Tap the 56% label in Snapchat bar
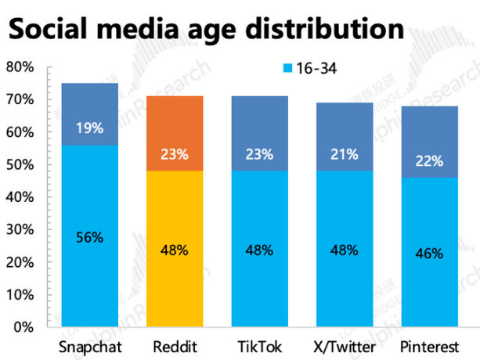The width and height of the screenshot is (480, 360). (x=90, y=238)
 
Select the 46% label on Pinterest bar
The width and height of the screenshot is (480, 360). (x=429, y=254)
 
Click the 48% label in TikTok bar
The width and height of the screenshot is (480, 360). (x=259, y=250)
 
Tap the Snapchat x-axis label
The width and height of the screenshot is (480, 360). (x=89, y=346)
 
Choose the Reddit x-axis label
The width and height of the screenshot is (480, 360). (x=175, y=346)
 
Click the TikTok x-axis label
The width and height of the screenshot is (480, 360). (x=259, y=346)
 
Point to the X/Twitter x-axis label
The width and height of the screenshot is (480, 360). (x=344, y=346)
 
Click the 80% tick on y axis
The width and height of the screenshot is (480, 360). (x=20, y=67)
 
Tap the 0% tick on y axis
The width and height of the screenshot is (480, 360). (x=23, y=326)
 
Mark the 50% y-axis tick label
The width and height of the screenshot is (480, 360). (x=20, y=164)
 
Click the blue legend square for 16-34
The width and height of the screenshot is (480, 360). (x=286, y=69)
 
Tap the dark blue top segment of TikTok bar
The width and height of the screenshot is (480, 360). (x=259, y=133)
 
